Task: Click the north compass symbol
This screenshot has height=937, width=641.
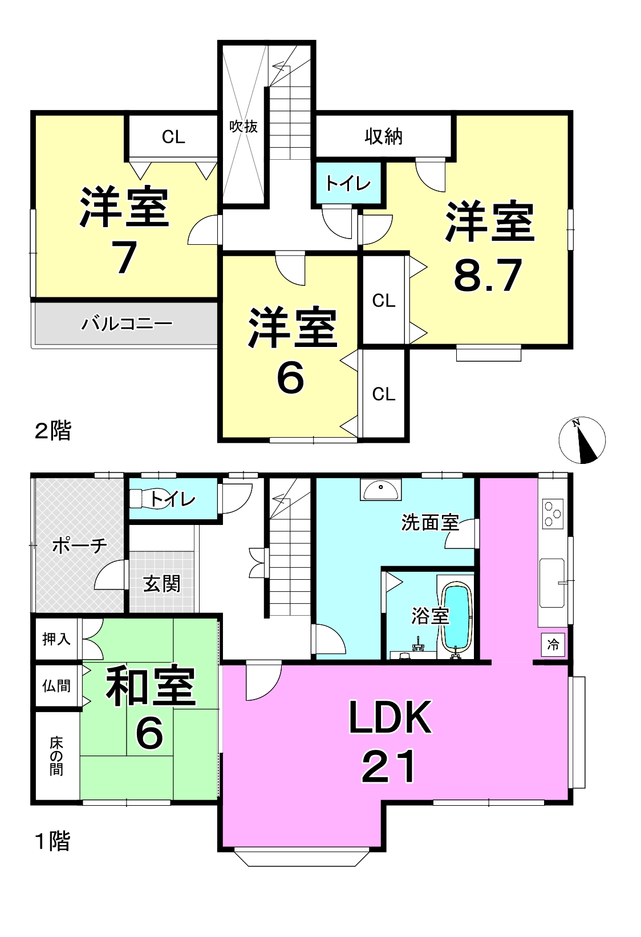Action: (x=582, y=440)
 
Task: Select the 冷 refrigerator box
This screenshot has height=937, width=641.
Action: (x=553, y=645)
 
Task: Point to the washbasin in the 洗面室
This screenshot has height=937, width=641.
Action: (x=380, y=490)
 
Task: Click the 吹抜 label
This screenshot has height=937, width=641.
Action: (x=244, y=126)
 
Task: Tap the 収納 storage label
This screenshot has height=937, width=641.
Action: (x=383, y=136)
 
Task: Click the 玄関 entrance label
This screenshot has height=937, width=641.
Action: (x=161, y=584)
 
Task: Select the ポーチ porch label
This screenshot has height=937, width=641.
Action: (x=79, y=546)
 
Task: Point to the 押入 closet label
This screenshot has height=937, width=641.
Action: (x=56, y=639)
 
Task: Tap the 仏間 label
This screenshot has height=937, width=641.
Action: (x=56, y=686)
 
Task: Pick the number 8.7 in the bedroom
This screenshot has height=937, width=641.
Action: (x=488, y=275)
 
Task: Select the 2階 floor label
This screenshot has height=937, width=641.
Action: (x=52, y=431)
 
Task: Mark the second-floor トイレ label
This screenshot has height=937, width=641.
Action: (x=348, y=184)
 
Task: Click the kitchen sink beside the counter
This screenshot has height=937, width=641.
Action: (x=552, y=583)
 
